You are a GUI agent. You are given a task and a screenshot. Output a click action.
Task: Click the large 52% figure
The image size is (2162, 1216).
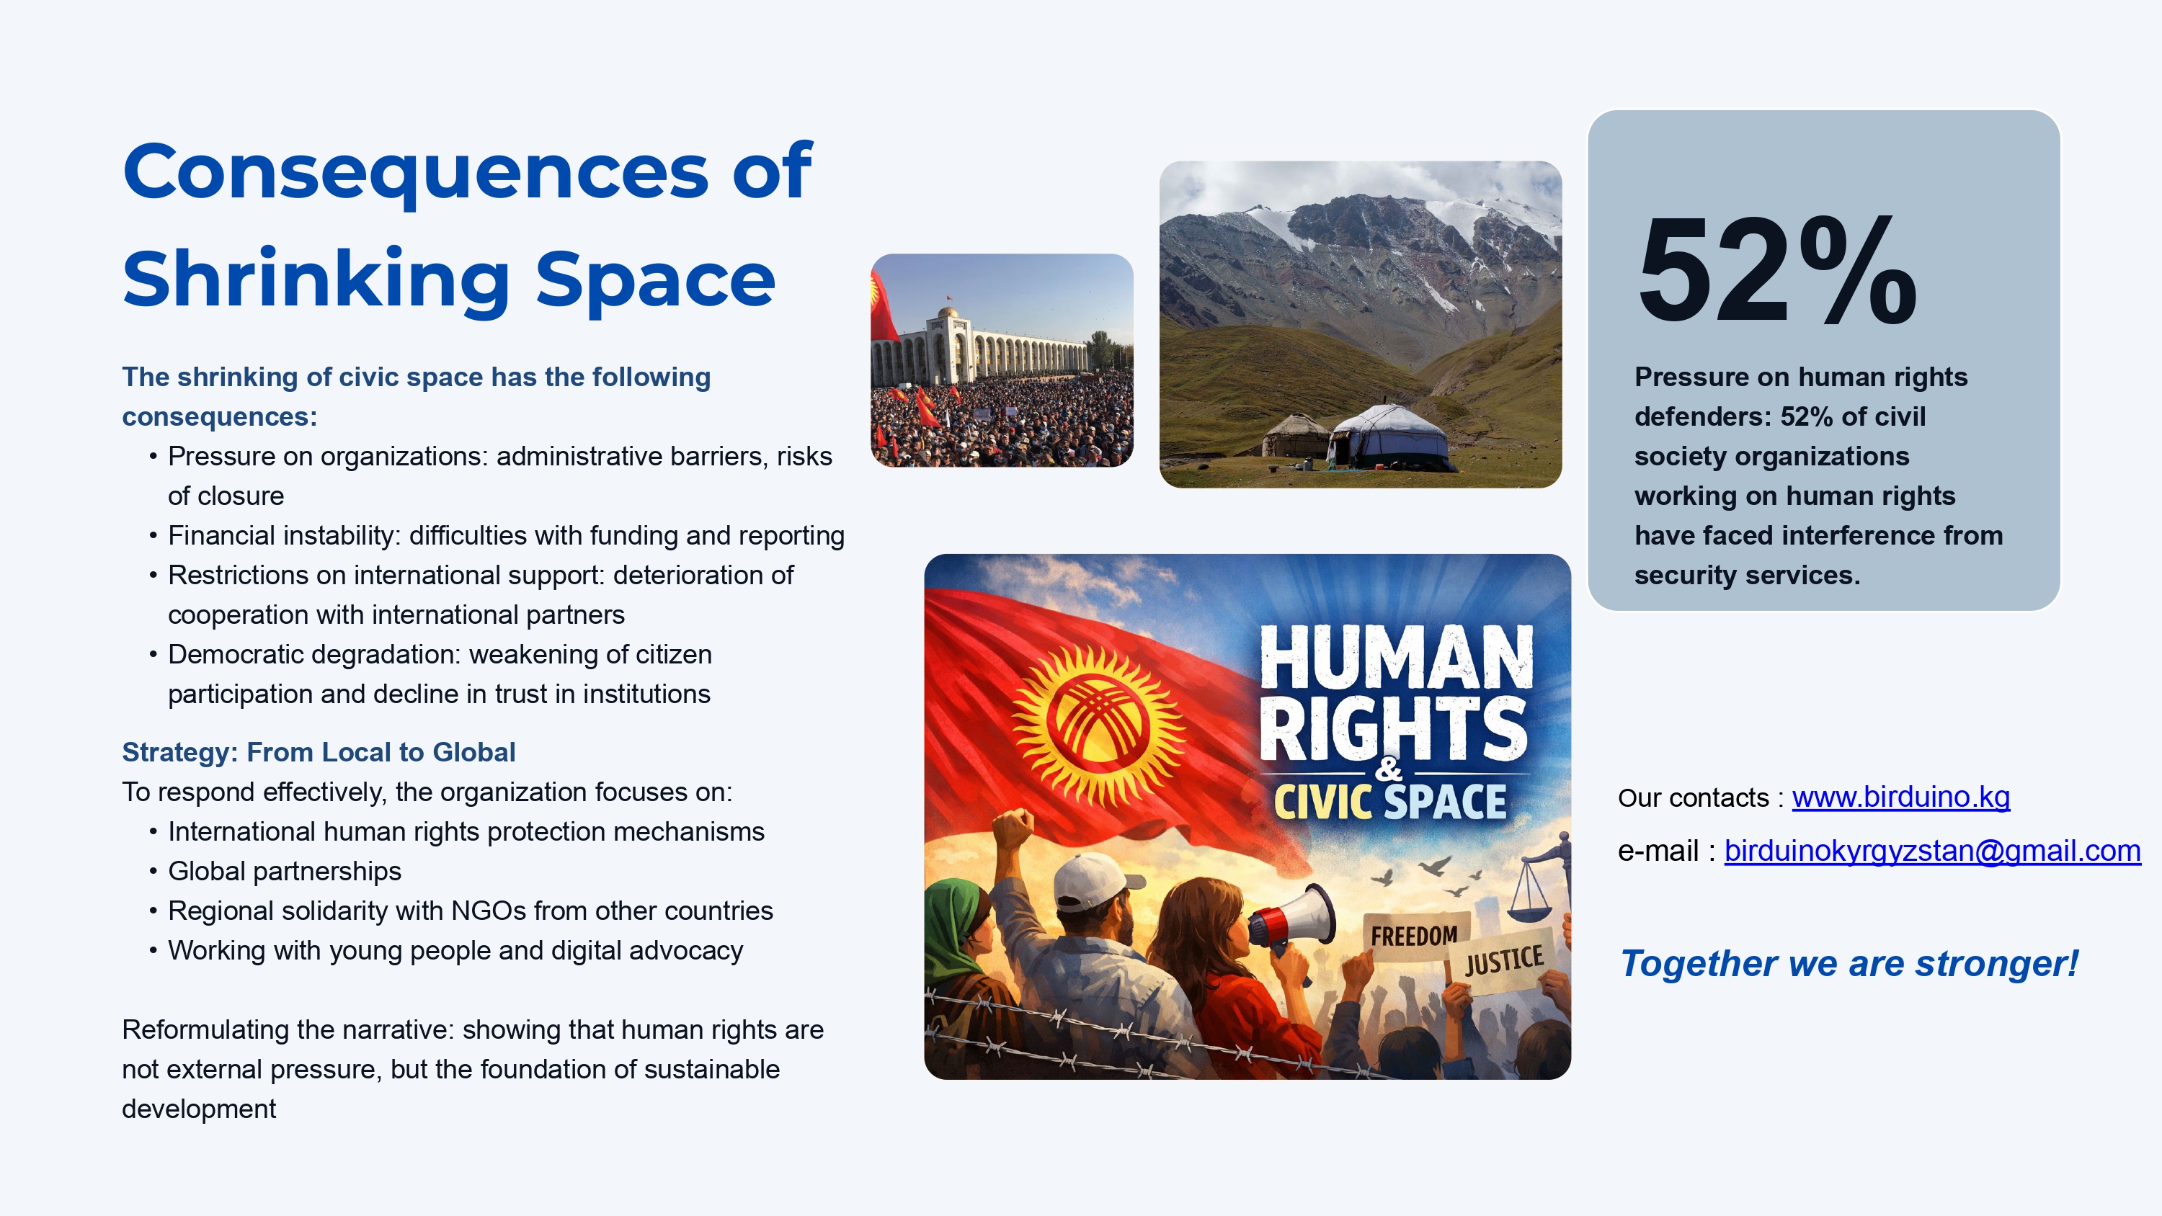1778,269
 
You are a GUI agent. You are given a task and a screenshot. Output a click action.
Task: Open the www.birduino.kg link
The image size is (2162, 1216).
1901,797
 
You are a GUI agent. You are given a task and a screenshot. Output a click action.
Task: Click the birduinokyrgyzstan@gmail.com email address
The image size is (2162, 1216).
1932,851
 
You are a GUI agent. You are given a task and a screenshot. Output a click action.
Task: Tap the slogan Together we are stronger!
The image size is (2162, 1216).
1849,963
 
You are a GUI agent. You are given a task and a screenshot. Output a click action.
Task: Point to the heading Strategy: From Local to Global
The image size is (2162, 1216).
318,752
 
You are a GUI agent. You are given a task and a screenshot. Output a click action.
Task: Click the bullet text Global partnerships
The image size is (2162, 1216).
285,871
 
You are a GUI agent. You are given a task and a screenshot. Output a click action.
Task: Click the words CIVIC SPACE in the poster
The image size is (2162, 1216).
1390,802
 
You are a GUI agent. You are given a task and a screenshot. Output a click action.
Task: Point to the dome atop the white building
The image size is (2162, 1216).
948,313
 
